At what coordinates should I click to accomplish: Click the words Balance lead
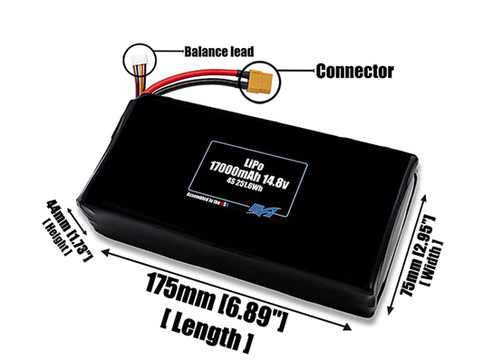tap(219, 51)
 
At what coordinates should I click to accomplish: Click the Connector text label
tap(354, 70)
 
